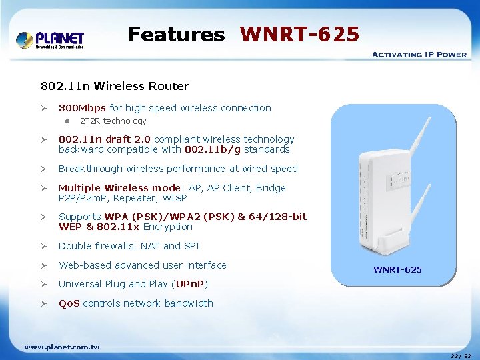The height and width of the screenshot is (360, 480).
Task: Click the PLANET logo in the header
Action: coord(50,40)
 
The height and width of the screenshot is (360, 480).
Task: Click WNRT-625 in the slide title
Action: coord(299,34)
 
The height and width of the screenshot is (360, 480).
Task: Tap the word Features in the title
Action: coord(177,34)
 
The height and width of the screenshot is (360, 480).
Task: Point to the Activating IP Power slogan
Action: coord(419,55)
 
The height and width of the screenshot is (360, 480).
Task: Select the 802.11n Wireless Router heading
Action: coord(115,86)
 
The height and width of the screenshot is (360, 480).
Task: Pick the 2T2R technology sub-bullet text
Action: coord(113,121)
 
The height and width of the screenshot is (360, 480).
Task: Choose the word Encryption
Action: coord(167,227)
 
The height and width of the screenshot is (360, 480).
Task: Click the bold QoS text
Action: coord(69,303)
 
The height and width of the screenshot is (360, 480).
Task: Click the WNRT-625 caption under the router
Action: coord(397,270)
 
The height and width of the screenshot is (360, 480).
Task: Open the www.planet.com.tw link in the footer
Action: coord(62,347)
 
